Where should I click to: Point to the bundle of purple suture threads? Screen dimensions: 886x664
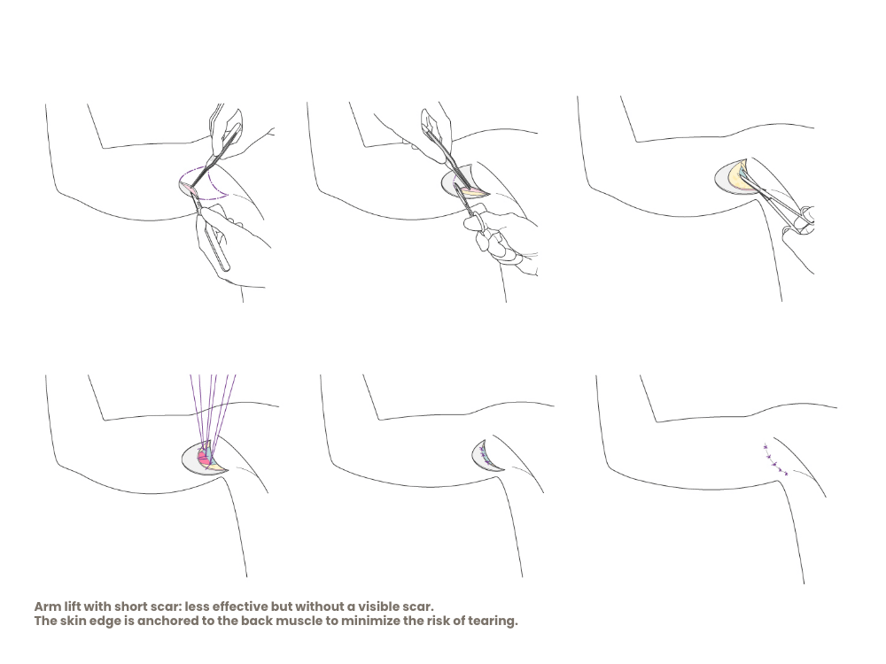click(x=213, y=409)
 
